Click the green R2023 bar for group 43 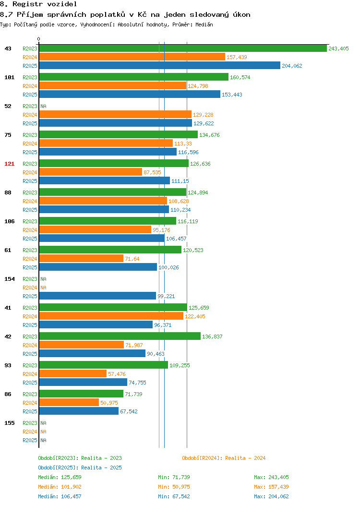(183, 48)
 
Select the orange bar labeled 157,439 (132, 57)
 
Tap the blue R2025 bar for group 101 (130, 95)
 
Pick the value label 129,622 (204, 123)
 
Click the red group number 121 (9, 164)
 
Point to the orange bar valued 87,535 (91, 172)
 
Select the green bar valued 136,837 (120, 336)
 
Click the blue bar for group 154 (97, 296)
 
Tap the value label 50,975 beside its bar (109, 403)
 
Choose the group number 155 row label (9, 423)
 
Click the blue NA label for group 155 (44, 440)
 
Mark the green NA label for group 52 (44, 106)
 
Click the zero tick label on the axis (39, 39)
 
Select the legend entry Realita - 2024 (224, 458)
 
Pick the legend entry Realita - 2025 (80, 468)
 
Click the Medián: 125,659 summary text (60, 477)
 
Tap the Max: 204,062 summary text (271, 496)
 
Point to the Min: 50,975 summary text (174, 487)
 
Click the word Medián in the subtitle (204, 24)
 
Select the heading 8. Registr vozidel (38, 4)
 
